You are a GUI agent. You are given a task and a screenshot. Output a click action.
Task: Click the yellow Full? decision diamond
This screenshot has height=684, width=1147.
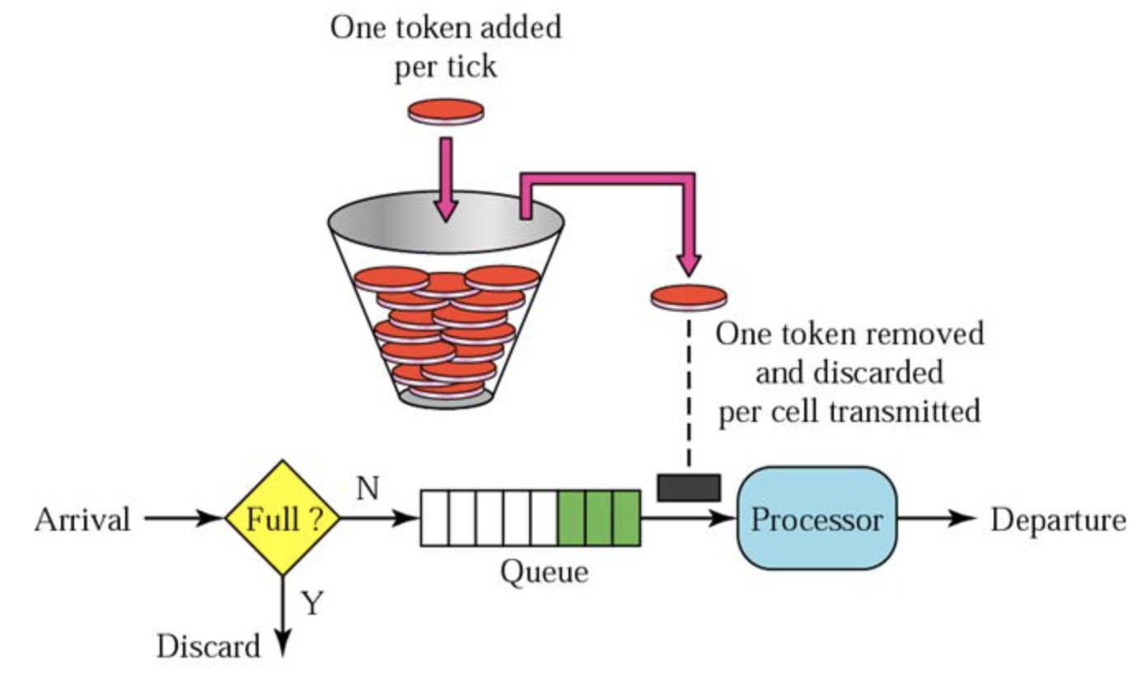coord(283,518)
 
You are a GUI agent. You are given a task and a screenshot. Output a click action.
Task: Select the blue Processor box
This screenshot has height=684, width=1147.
coord(816,519)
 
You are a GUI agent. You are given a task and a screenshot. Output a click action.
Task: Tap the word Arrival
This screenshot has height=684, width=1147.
coord(82,520)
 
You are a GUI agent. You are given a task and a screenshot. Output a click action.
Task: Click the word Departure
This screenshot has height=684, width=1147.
coord(1058,520)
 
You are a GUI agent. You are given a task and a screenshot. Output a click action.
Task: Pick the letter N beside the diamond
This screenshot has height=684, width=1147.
coord(368,490)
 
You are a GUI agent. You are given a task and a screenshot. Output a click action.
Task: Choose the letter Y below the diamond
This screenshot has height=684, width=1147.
coord(311,604)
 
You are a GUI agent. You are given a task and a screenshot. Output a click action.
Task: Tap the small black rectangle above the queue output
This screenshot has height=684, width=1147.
coord(688,486)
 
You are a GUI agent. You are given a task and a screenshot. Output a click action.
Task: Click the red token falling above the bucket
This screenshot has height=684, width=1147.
coord(446,110)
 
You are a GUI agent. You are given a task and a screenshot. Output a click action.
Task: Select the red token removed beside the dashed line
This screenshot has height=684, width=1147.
coord(688,297)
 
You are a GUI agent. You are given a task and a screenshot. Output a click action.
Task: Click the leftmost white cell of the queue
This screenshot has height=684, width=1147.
coord(434,518)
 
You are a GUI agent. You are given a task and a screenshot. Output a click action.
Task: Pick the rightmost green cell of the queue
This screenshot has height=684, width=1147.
coord(626,518)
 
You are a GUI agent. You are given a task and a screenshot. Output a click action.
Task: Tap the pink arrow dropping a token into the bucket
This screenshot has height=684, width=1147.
coord(446,177)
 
